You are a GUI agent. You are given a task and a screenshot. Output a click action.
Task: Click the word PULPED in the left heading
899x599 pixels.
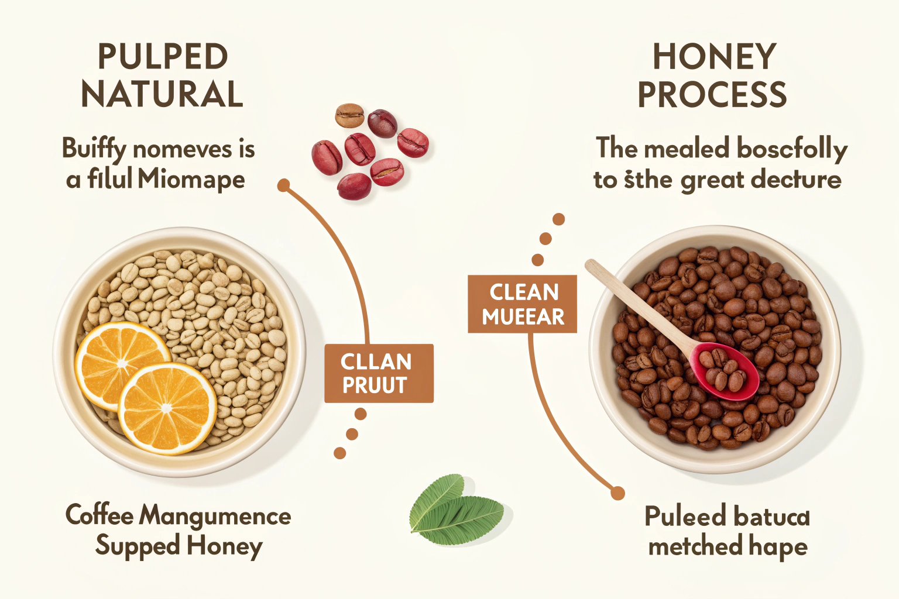click(162, 57)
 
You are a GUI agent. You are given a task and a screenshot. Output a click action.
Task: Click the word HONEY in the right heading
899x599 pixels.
click(714, 57)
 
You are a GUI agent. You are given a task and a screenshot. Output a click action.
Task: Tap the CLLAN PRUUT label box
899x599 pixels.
click(379, 373)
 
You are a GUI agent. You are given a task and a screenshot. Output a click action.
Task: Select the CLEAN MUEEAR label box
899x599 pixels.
click(522, 304)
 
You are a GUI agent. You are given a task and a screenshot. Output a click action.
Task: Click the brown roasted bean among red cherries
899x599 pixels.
click(349, 115)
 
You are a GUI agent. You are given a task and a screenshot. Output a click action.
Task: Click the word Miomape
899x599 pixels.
click(191, 179)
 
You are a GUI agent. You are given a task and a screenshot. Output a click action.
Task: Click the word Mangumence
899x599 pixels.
click(215, 516)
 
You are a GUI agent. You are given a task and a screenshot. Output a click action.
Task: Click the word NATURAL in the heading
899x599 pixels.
click(162, 94)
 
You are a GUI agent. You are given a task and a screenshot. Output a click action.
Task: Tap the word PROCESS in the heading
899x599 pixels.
click(712, 94)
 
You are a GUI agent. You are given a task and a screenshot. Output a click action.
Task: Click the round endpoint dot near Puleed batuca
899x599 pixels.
click(617, 493)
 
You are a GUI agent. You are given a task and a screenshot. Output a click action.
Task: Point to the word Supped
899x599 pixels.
click(138, 546)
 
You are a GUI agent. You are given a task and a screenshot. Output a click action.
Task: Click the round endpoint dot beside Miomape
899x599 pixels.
click(284, 186)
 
